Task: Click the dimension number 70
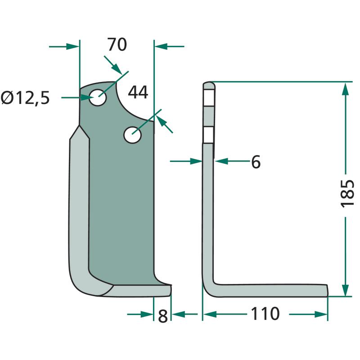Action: click(x=117, y=45)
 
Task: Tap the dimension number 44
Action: click(x=138, y=93)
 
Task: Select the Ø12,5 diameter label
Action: click(x=25, y=98)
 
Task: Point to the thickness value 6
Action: click(x=256, y=162)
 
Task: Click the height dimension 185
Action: click(x=347, y=193)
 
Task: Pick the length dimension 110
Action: click(x=265, y=314)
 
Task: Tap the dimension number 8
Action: click(x=163, y=316)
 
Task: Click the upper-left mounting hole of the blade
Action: click(x=98, y=98)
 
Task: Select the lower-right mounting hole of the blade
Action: click(x=132, y=135)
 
